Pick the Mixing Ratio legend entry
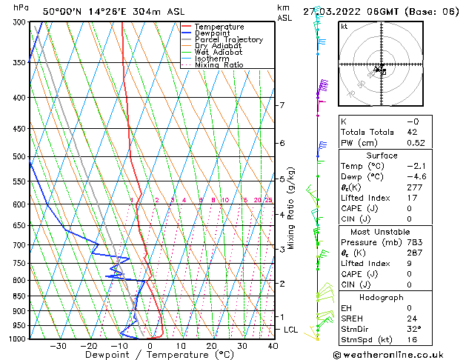tap(219, 65)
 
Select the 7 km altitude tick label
tap(282, 105)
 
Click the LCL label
tap(291, 330)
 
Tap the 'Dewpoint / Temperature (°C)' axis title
tap(150, 355)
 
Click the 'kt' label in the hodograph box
tap(344, 26)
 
